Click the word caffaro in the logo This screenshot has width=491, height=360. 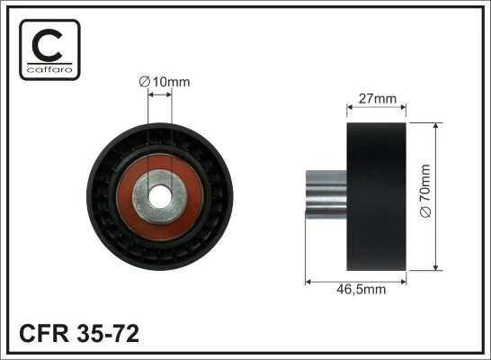(x=49, y=67)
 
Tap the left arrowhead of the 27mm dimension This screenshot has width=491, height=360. (x=350, y=107)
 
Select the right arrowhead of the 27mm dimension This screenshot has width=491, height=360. (x=405, y=107)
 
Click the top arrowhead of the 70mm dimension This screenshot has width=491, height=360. (x=436, y=121)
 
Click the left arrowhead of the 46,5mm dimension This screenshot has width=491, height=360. (x=309, y=280)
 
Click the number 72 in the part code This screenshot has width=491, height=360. (x=125, y=334)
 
